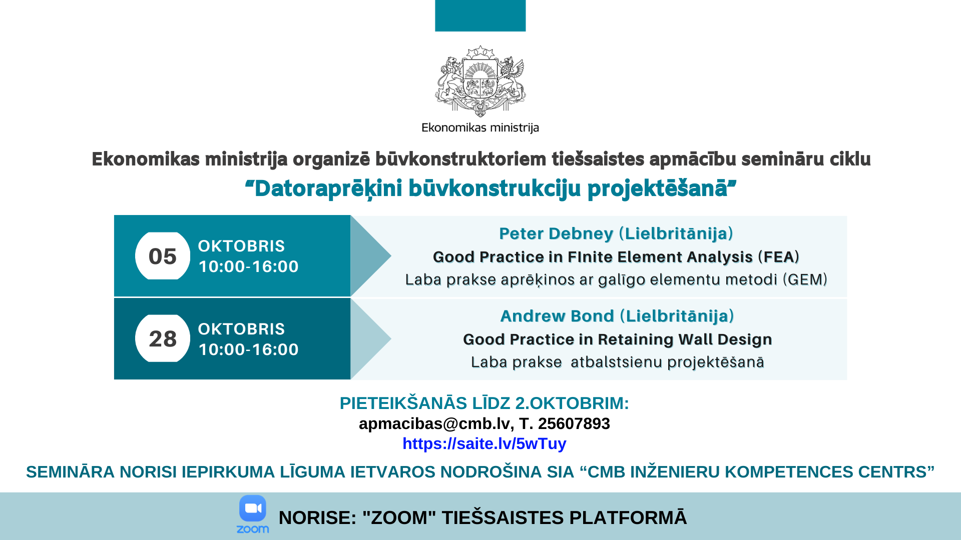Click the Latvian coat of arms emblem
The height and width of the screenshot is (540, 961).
pyautogui.click(x=480, y=81)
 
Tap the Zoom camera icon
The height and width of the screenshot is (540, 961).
pyautogui.click(x=253, y=508)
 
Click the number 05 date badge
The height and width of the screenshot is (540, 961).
pyautogui.click(x=163, y=256)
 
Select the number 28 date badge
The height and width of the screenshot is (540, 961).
pyautogui.click(x=163, y=338)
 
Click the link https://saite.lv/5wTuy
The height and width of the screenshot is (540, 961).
pyautogui.click(x=485, y=444)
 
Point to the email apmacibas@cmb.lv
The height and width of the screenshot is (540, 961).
pyautogui.click(x=434, y=424)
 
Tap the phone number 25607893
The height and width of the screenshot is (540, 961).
pyautogui.click(x=574, y=424)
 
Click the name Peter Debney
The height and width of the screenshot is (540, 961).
pyautogui.click(x=556, y=233)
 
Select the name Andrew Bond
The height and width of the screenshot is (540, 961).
pyautogui.click(x=557, y=316)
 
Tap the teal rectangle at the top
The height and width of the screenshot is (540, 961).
pyautogui.click(x=480, y=15)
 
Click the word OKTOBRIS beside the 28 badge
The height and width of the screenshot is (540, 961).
pyautogui.click(x=241, y=329)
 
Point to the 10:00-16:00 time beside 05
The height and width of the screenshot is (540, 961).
pyautogui.click(x=249, y=266)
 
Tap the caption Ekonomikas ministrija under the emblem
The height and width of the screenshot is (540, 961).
pyautogui.click(x=480, y=127)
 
